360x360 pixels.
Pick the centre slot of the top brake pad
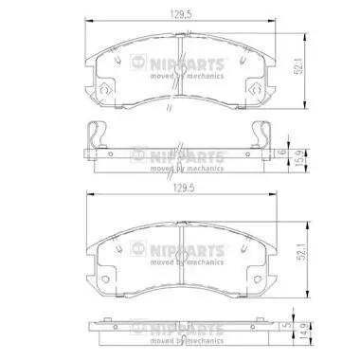pyautogui.click(x=179, y=49)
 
